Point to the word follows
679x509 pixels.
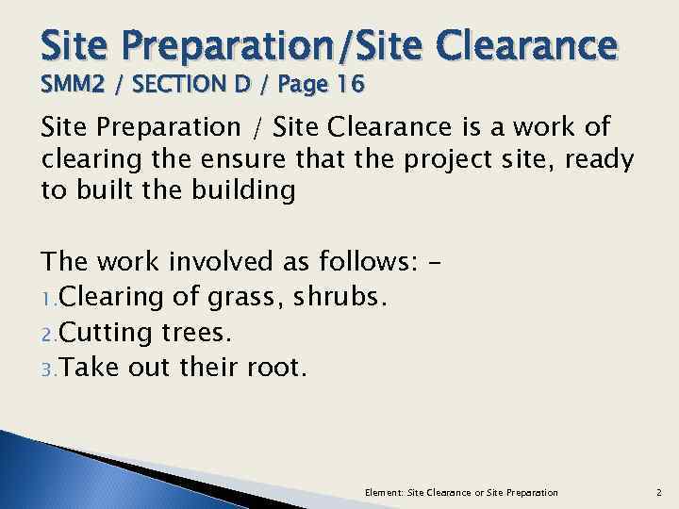pos(364,261)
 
